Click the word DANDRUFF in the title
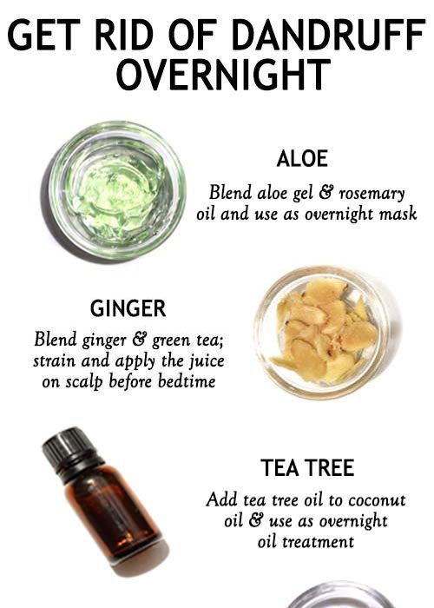tap(328, 36)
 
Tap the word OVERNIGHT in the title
tap(224, 75)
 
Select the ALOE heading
tap(302, 159)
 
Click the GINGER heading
tap(128, 308)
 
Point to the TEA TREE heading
tap(307, 467)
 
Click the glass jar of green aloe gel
tap(116, 190)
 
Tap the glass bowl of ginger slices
tap(324, 333)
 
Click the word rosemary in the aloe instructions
tap(372, 194)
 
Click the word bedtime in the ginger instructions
tap(187, 381)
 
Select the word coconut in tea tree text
tap(377, 500)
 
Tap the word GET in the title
tap(43, 36)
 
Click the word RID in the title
tap(123, 36)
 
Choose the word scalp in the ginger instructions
tap(83, 382)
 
